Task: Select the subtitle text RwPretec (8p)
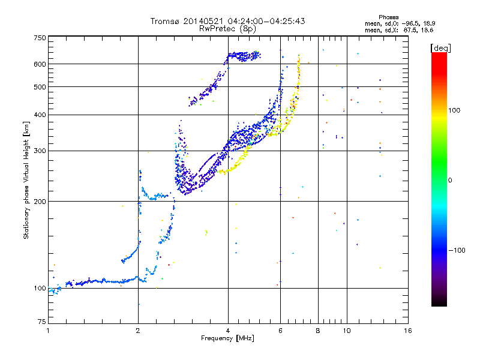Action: pyautogui.click(x=227, y=29)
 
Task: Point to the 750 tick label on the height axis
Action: pyautogui.click(x=40, y=38)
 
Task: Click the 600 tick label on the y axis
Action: pyautogui.click(x=40, y=64)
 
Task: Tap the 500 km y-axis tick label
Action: pyautogui.click(x=40, y=87)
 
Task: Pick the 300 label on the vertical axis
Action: pyautogui.click(x=40, y=151)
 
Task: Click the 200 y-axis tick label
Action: pyautogui.click(x=40, y=202)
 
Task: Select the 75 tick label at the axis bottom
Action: pyautogui.click(x=42, y=322)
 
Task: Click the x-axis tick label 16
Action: pyautogui.click(x=408, y=331)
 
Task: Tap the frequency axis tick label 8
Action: pyautogui.click(x=318, y=331)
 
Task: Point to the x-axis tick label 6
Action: pyautogui.click(x=280, y=331)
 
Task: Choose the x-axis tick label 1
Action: pyautogui.click(x=48, y=331)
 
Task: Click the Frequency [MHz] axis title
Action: pyautogui.click(x=227, y=338)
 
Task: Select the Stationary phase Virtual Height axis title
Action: pyautogui.click(x=26, y=180)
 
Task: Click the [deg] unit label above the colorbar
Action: pyautogui.click(x=440, y=48)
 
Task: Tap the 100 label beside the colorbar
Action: pyautogui.click(x=454, y=110)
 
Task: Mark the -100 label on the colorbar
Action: pyautogui.click(x=457, y=250)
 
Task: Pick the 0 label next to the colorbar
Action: pyautogui.click(x=450, y=181)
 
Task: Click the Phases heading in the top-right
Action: pyautogui.click(x=388, y=17)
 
